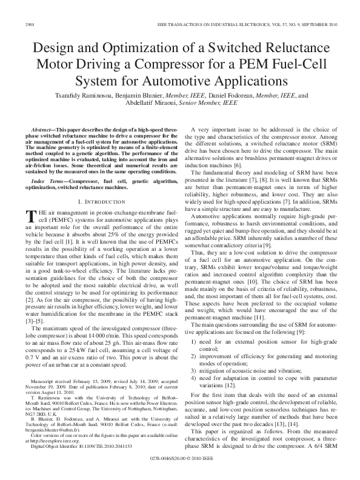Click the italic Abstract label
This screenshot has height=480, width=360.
click(x=42, y=130)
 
